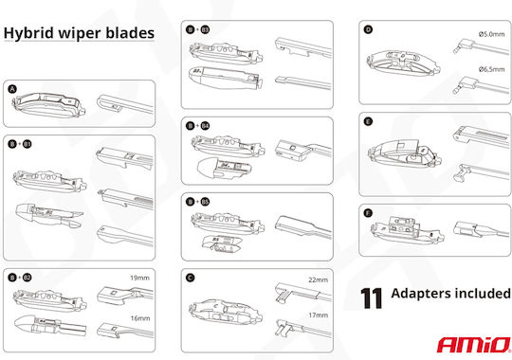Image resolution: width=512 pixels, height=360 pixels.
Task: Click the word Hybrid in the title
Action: click(28, 33)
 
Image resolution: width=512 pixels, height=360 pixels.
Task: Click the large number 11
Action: click(372, 298)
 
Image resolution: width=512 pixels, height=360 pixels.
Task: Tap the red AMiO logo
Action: click(474, 345)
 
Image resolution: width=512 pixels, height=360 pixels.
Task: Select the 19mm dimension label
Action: click(139, 278)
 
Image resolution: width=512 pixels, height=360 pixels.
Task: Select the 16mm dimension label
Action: click(140, 318)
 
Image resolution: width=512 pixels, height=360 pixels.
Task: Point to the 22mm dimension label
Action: click(318, 280)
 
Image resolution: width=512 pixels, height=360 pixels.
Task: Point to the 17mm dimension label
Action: click(319, 315)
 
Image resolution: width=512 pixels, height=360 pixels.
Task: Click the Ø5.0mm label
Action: click(491, 34)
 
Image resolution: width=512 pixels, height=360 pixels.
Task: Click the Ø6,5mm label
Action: click(491, 69)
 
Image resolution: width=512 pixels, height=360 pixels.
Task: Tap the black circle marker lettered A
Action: click(12, 89)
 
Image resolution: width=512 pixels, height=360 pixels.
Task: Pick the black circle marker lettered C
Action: click(190, 278)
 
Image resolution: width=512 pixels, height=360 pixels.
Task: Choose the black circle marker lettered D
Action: click(368, 29)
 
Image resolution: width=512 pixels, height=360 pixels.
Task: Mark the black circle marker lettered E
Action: click(368, 122)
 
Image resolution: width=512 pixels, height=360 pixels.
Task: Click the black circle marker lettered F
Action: click(368, 213)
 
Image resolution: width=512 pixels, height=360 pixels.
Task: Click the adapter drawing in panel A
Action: click(49, 105)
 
